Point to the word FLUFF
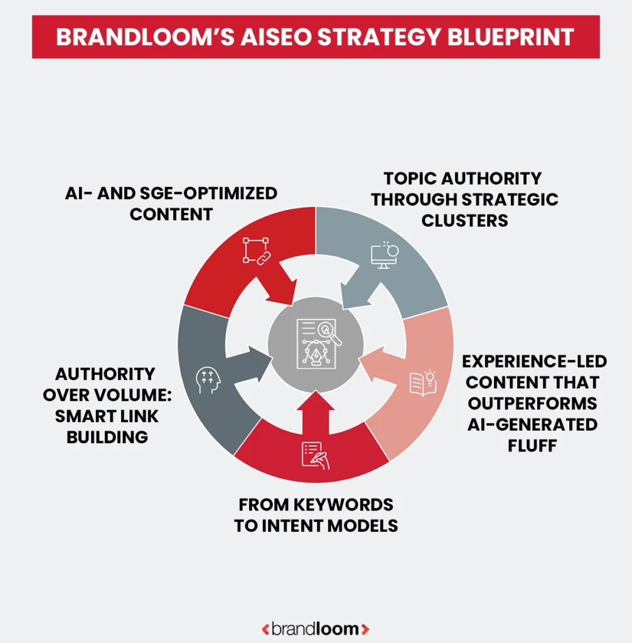pos(532,446)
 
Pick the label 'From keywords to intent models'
pos(316,515)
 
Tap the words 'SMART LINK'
pos(107,416)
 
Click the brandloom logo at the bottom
pos(316,628)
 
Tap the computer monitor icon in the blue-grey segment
pos(384,254)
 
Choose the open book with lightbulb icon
pos(422,382)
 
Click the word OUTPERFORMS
pos(532,403)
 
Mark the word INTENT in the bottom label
pos(291,526)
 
